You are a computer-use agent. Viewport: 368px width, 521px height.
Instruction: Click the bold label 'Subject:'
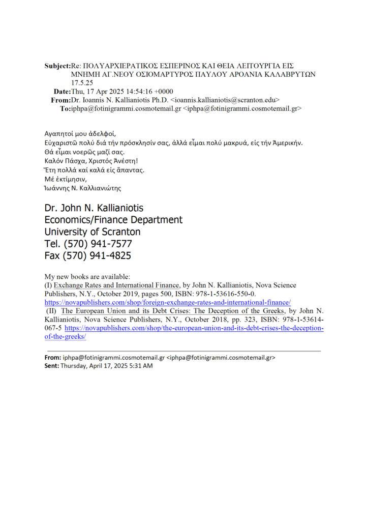tap(57, 66)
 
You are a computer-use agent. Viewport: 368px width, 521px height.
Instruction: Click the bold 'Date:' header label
tap(63, 92)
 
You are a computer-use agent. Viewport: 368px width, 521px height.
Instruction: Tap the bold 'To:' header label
tap(66, 108)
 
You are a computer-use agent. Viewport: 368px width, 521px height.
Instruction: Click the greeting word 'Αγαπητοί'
tap(58, 134)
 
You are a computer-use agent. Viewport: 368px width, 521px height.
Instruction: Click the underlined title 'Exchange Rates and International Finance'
tap(117, 285)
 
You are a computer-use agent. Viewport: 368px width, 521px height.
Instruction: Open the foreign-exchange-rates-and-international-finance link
tap(168, 302)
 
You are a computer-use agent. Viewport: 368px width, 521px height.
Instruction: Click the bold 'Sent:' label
tap(52, 366)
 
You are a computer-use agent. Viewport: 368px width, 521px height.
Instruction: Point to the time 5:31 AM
tap(141, 366)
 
